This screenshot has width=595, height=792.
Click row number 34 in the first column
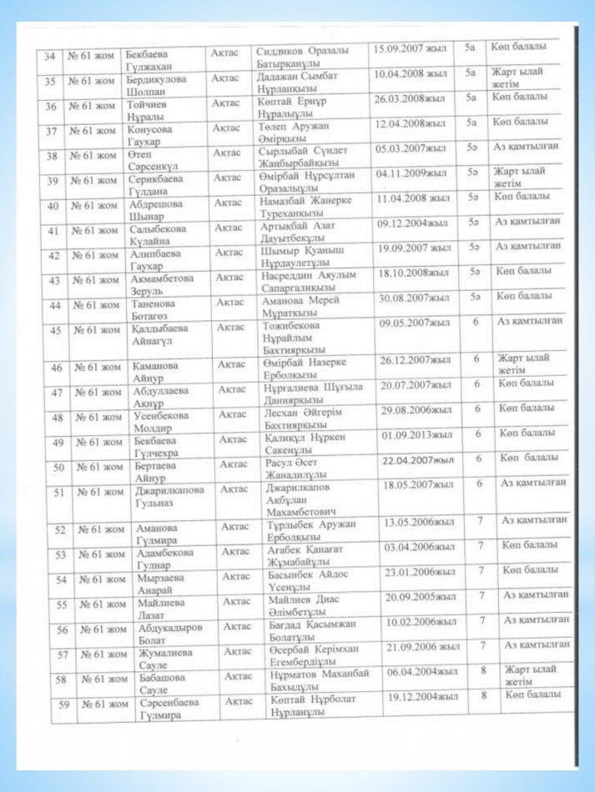[x=48, y=56]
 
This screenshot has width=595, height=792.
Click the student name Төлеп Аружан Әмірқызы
[x=293, y=132]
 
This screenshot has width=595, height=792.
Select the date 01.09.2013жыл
[x=416, y=435]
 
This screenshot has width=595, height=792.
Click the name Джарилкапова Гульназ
[x=169, y=497]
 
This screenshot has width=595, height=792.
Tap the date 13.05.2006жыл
[x=419, y=523]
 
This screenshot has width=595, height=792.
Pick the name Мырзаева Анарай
[x=163, y=584]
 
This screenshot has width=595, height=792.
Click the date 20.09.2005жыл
[x=421, y=597]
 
